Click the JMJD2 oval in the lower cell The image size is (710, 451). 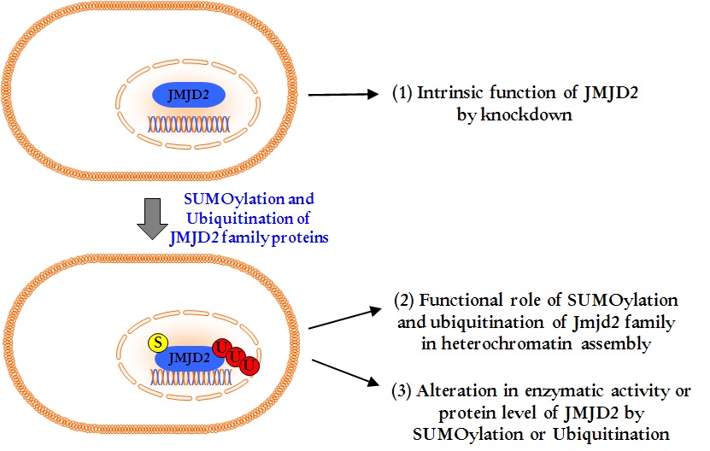click(190, 357)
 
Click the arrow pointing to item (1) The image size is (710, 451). click(342, 94)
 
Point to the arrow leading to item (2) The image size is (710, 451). click(342, 313)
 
